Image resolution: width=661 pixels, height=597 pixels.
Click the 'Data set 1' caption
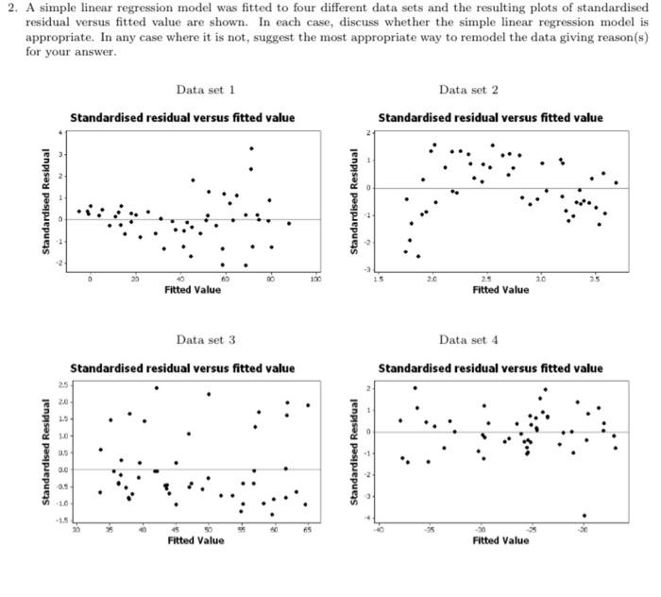tap(205, 90)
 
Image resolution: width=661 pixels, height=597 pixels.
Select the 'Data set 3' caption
tap(205, 339)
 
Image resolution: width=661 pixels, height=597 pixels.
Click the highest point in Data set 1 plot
tap(251, 148)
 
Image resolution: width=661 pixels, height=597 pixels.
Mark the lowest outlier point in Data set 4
tap(585, 516)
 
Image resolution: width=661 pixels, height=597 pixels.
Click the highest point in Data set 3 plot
tap(156, 387)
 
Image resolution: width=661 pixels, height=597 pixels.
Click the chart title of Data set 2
tap(490, 118)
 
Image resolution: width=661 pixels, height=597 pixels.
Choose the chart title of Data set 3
tap(182, 367)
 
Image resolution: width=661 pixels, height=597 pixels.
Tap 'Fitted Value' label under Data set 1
tap(193, 290)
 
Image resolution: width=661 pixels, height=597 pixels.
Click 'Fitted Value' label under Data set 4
tap(500, 540)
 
